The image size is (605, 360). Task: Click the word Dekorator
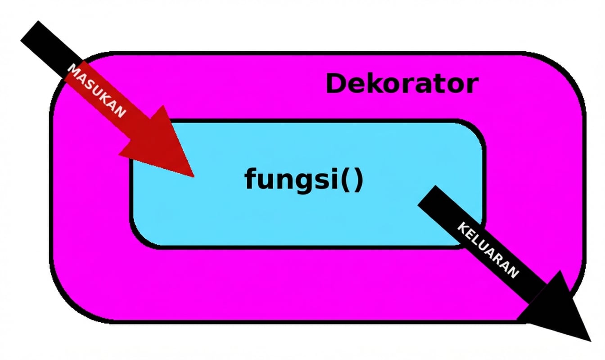coord(402,84)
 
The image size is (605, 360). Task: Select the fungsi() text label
coord(303,179)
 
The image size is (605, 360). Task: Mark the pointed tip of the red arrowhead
coord(194,176)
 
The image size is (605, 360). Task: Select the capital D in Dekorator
coord(336,84)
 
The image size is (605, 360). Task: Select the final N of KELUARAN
coord(514,272)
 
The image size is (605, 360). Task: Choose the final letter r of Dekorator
coord(472,85)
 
